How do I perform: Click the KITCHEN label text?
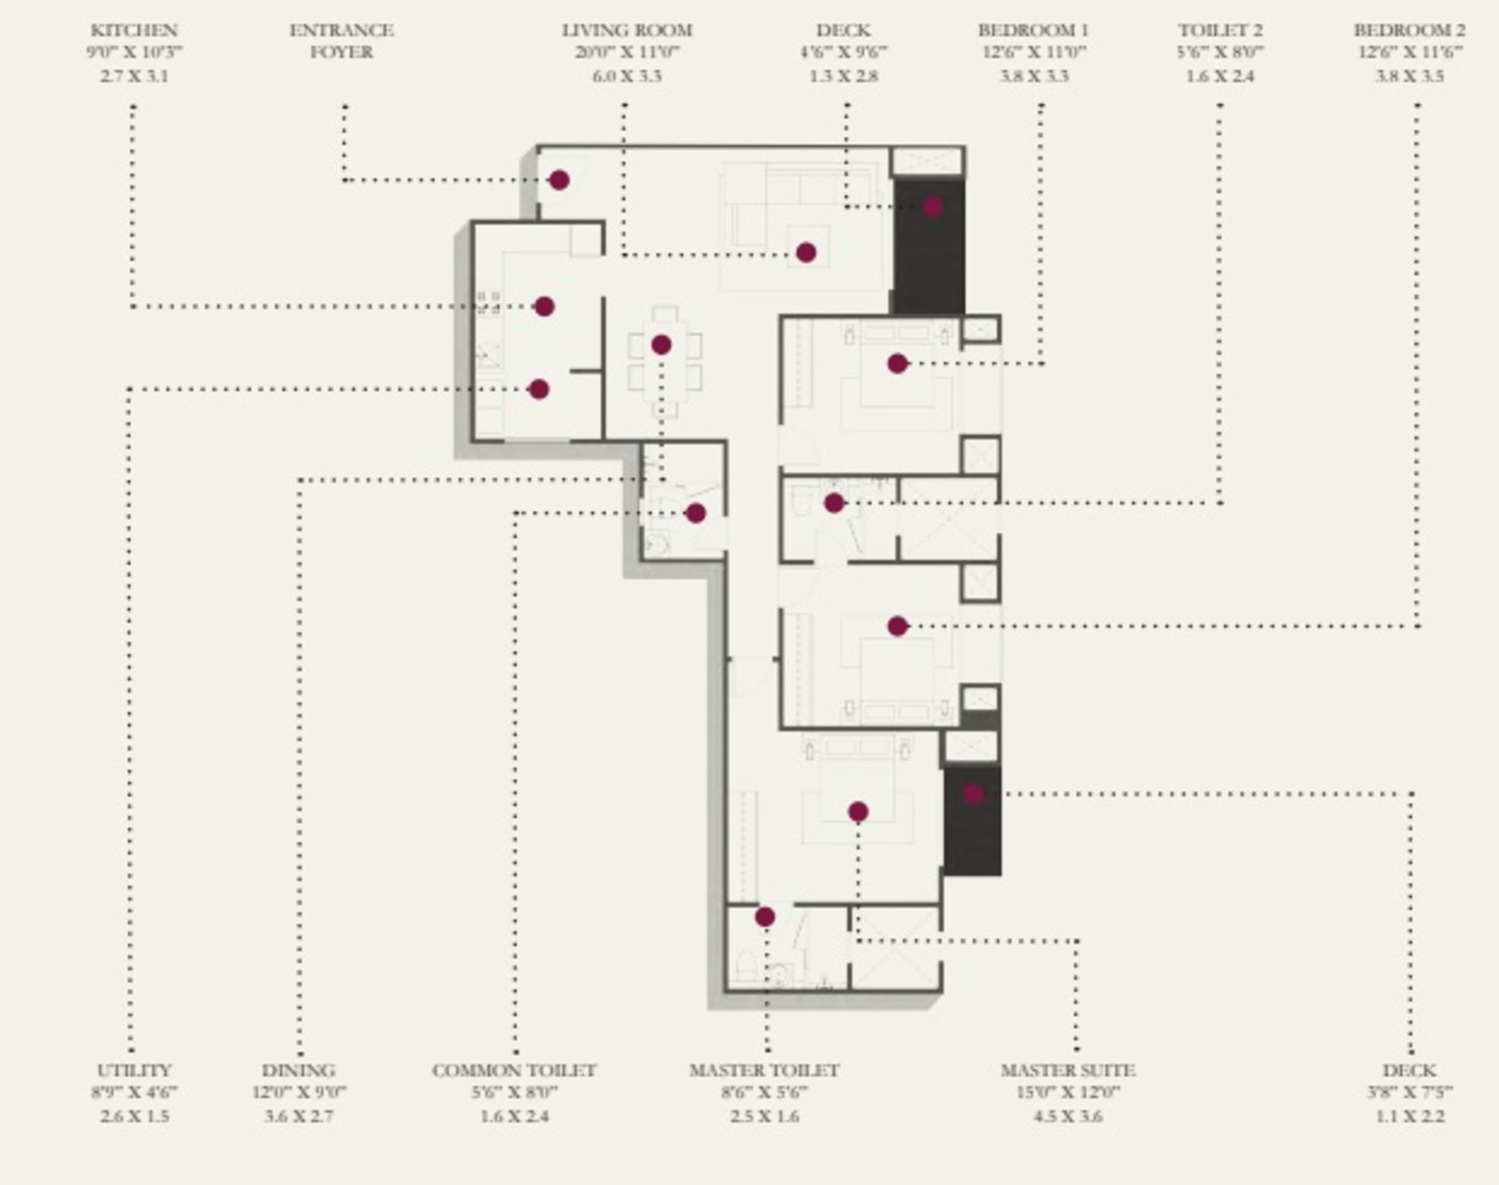134,30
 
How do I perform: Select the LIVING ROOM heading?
627,30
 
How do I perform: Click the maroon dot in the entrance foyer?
559,180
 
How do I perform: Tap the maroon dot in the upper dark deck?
932,207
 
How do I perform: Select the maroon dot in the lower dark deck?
973,794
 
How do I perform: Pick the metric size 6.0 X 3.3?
627,75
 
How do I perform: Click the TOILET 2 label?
1220,30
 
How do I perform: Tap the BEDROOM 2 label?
1410,30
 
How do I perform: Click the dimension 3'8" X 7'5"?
1410,1092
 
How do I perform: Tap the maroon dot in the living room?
805,253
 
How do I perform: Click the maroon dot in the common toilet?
696,514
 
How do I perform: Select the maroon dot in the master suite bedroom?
858,812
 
